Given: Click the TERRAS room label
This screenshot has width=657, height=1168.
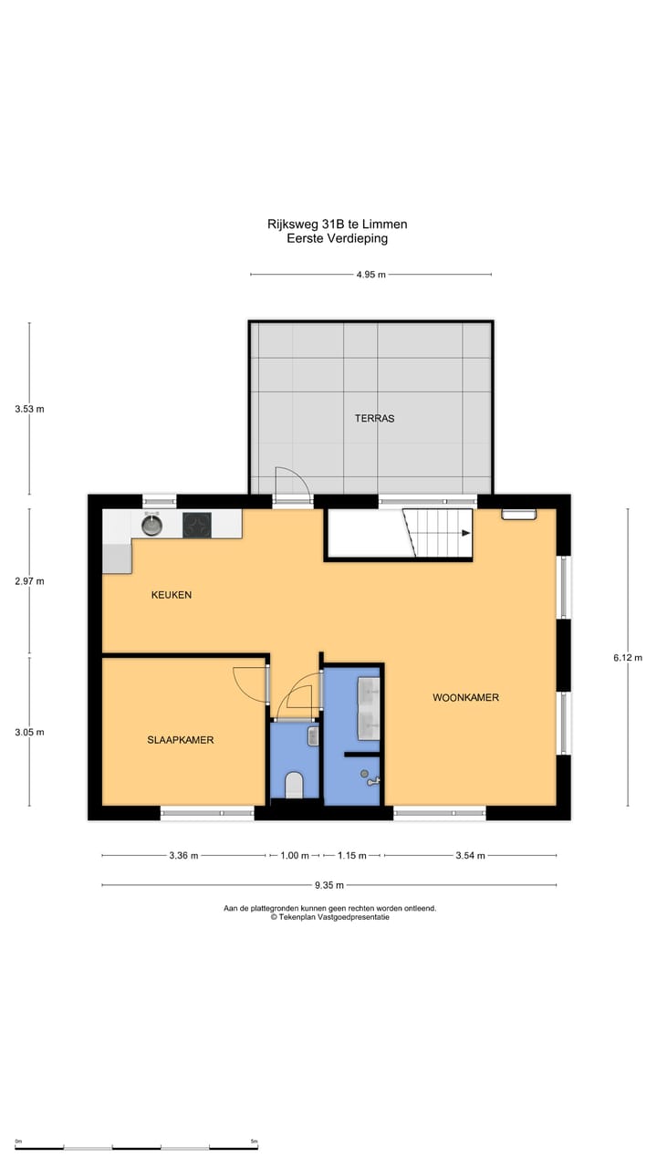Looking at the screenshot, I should (374, 419).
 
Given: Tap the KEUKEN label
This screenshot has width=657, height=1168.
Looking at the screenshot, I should (172, 595).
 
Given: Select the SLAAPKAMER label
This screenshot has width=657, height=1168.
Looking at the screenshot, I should (181, 740).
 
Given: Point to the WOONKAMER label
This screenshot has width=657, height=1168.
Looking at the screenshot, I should (465, 698).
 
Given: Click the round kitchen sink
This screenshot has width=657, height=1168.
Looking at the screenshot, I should (151, 525).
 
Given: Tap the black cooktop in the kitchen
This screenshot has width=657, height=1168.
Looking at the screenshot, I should (197, 525).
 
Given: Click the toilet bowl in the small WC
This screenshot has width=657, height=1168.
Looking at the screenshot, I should (295, 785).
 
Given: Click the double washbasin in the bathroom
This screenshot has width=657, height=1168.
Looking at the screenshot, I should (370, 707).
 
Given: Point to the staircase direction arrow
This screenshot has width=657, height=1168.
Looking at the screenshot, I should (465, 534).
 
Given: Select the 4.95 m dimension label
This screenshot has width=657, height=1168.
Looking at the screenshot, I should (370, 275).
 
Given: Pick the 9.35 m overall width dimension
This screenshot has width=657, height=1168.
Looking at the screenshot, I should (328, 885).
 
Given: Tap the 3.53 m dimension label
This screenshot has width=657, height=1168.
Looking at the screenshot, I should (29, 409).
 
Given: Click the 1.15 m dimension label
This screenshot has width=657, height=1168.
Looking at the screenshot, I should (351, 856).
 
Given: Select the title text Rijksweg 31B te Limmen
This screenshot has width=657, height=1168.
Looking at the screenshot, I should (338, 224).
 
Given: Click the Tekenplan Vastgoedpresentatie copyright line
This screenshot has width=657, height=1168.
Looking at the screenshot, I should (329, 918).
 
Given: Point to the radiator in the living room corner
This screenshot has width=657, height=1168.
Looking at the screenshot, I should (518, 514).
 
